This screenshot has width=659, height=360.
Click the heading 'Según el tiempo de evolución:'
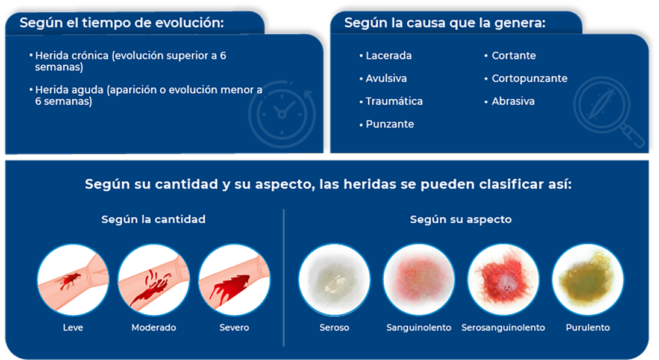click(122, 23)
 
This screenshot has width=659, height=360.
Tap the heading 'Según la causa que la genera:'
click(445, 23)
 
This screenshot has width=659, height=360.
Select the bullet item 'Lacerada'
click(386, 55)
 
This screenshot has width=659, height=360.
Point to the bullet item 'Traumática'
click(391, 101)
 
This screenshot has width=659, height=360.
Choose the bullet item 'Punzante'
click(387, 124)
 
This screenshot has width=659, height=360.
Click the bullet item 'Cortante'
click(510, 55)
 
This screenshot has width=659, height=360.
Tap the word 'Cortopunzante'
click(529, 78)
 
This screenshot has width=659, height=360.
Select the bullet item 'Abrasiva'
click(509, 101)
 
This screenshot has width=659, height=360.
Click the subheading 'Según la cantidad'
click(154, 219)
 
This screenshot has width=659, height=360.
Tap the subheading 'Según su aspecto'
click(461, 219)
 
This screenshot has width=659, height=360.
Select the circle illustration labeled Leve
click(73, 280)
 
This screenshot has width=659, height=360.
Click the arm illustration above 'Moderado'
click(154, 280)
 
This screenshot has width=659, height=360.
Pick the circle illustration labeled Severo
click(234, 280)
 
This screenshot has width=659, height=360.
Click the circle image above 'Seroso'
click(334, 280)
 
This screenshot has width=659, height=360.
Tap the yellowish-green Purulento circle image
click(587, 280)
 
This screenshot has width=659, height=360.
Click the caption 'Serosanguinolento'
click(503, 327)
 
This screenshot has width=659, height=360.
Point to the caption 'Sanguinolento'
click(419, 327)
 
